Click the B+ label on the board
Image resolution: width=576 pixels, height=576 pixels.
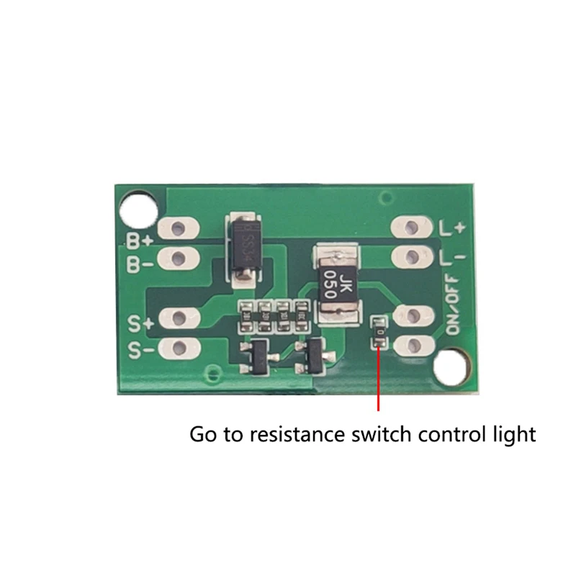(x=140, y=240)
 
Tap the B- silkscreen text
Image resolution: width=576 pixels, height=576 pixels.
(x=140, y=265)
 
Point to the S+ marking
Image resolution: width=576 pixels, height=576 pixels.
(x=140, y=323)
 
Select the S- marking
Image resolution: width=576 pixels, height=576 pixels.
(x=140, y=350)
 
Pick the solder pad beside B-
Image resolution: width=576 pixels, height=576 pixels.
(x=180, y=257)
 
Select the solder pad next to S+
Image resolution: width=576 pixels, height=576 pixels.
(x=180, y=318)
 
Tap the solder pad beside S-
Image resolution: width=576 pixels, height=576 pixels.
(x=180, y=348)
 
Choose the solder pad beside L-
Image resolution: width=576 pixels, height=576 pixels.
(x=412, y=256)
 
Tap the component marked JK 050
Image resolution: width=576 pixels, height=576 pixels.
(x=337, y=282)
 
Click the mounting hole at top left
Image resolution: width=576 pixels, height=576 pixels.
(x=136, y=209)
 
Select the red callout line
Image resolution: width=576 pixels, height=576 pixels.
(x=379, y=382)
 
